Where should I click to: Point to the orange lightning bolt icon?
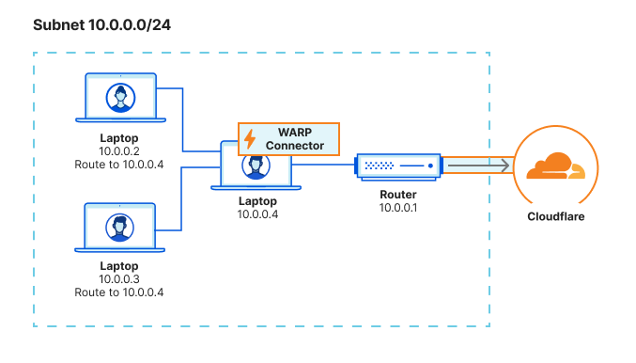[250, 139]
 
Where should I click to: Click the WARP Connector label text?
[295, 139]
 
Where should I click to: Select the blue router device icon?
[397, 166]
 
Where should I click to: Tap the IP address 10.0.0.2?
[119, 150]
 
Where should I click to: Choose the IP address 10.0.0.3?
[119, 279]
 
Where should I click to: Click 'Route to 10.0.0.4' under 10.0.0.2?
[119, 164]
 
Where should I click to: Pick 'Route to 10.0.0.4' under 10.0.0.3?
[119, 292]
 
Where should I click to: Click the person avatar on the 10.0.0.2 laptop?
[119, 98]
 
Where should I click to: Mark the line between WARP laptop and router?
[321, 166]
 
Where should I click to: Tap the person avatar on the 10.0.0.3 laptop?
[119, 227]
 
